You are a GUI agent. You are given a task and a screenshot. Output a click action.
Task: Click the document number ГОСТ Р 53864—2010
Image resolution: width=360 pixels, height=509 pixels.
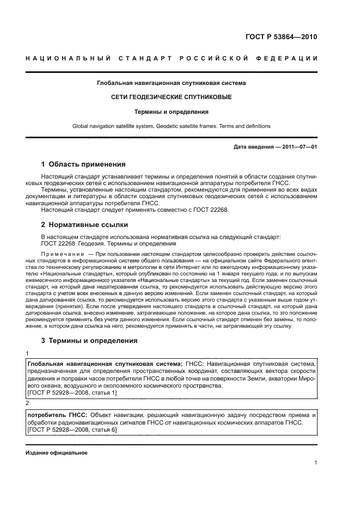pyautogui.click(x=282, y=37)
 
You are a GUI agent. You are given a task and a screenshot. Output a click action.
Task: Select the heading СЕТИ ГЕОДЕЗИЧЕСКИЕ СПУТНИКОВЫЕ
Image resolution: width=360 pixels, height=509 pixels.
pyautogui.click(x=171, y=97)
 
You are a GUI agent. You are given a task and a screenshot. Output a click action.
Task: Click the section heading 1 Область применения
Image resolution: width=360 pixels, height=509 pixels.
pyautogui.click(x=83, y=164)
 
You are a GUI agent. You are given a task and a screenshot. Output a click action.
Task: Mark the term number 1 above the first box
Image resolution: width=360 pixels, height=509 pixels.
pyautogui.click(x=28, y=353)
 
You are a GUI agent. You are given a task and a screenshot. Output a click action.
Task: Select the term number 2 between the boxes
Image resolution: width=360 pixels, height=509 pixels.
pyautogui.click(x=28, y=403)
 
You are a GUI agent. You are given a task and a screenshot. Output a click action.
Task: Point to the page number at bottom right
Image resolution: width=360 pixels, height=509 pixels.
pyautogui.click(x=315, y=463)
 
